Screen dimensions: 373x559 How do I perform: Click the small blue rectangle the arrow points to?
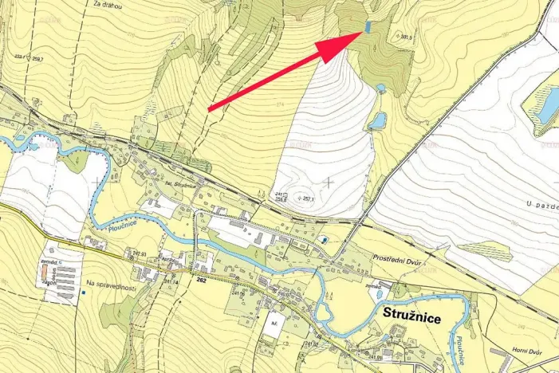point(368,26)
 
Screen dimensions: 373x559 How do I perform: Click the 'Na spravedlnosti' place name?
point(112,285)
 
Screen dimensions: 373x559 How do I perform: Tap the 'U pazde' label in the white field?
point(541,205)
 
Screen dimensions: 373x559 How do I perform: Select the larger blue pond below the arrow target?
point(377,120)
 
